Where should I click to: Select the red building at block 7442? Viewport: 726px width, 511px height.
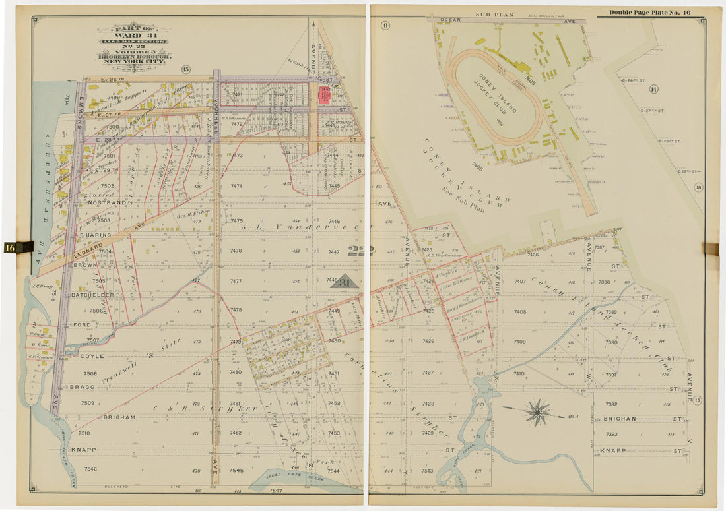click(x=325, y=96)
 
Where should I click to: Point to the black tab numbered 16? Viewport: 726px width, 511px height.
click(x=18, y=247)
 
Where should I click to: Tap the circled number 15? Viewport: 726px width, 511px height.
click(x=185, y=69)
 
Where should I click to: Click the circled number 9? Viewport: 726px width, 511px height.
click(x=385, y=26)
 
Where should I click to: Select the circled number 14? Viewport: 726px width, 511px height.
click(x=653, y=89)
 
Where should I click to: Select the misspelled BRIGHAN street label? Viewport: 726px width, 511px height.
click(x=619, y=419)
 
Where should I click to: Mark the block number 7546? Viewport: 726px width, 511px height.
click(x=90, y=469)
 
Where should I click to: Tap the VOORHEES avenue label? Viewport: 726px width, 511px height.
click(x=216, y=112)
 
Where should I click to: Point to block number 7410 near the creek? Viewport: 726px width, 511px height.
click(x=519, y=374)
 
